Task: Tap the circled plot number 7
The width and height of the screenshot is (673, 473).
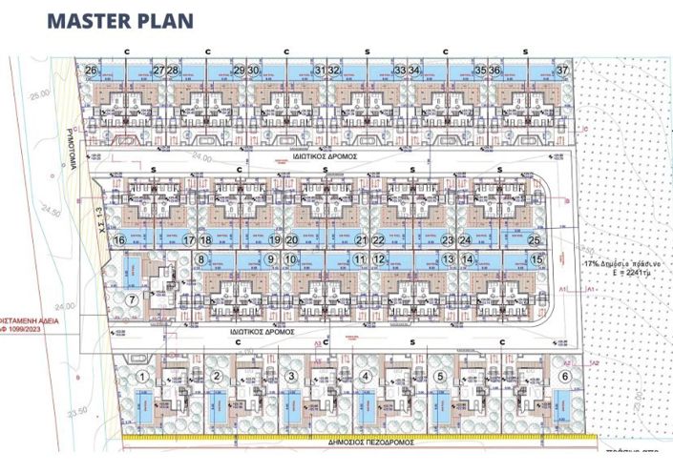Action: [x=134, y=301]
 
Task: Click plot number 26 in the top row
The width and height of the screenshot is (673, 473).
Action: [x=92, y=71]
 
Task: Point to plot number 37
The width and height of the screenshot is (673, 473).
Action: [x=563, y=71]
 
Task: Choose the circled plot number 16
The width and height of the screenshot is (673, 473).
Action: [x=119, y=240]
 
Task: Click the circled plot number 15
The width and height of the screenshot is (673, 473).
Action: [x=537, y=258]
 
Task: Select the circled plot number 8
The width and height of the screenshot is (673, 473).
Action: [x=201, y=258]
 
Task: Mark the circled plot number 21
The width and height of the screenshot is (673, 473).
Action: [x=361, y=240]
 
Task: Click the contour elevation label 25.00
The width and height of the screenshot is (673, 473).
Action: [x=39, y=96]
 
